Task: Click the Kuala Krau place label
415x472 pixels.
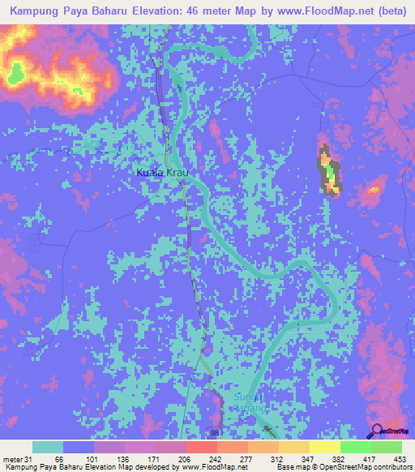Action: point(167,173)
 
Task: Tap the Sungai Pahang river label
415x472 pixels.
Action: point(255,402)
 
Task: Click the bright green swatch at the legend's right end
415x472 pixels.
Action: point(386,447)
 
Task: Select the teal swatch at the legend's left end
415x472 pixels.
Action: point(48,447)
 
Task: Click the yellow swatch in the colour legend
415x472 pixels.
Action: point(324,447)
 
